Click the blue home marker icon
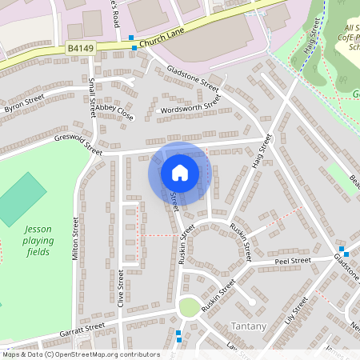click(x=180, y=173)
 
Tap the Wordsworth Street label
click(x=190, y=105)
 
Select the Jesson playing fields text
click(x=36, y=240)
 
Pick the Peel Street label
click(x=292, y=261)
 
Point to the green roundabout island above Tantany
click(x=190, y=306)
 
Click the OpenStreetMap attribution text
click(x=80, y=354)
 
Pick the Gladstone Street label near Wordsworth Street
click(x=193, y=78)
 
